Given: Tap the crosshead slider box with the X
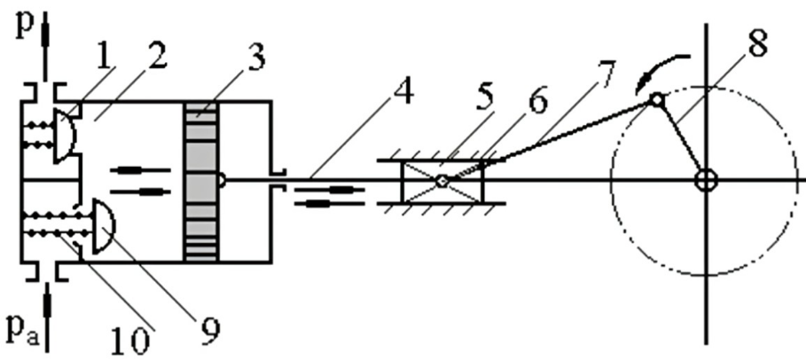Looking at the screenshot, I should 442,181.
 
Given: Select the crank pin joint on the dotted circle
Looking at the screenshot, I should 655,101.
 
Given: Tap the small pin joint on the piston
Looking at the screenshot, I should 222,180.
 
